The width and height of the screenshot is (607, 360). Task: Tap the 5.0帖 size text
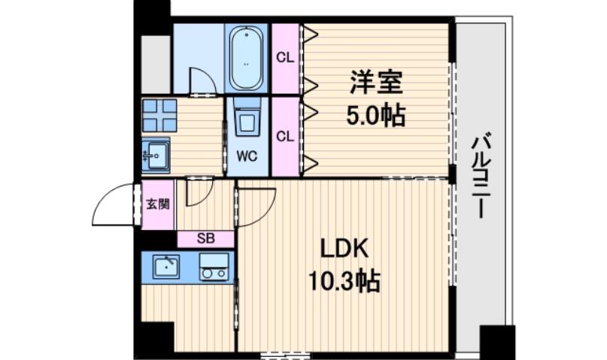click(375, 116)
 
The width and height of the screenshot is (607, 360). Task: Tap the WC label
click(247, 157)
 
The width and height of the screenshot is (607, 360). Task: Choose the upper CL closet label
click(284, 57)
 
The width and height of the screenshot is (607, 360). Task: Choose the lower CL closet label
click(284, 136)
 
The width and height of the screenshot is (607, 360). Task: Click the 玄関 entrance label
click(157, 203)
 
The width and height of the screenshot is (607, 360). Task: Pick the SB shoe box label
click(205, 240)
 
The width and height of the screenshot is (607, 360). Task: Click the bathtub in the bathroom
click(247, 59)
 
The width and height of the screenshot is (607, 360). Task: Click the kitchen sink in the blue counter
click(165, 266)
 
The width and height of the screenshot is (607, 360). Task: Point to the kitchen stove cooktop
click(214, 266)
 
